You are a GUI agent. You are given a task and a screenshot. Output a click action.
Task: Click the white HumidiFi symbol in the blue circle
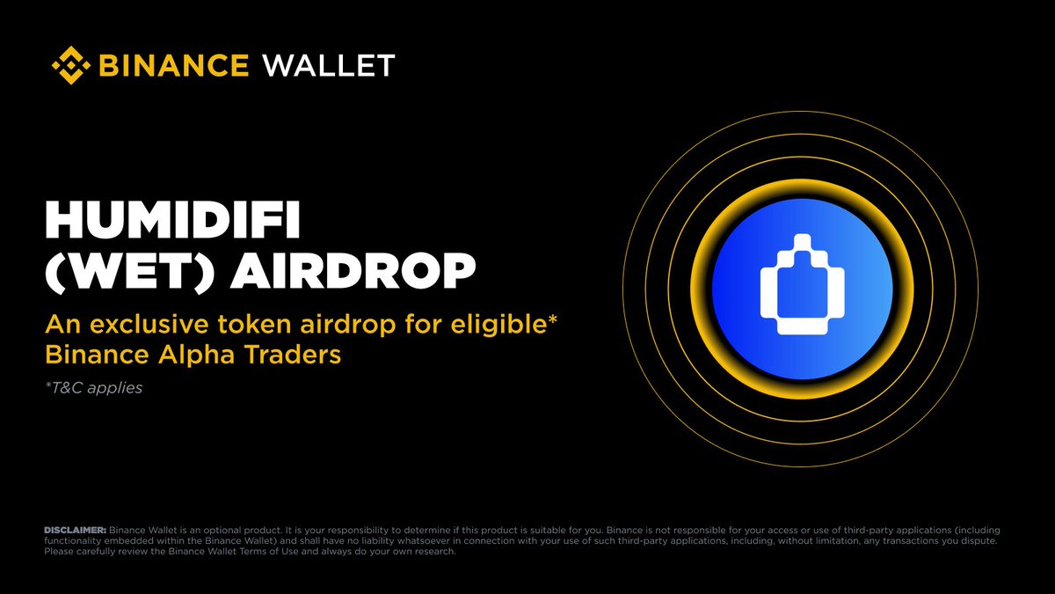pyautogui.click(x=802, y=286)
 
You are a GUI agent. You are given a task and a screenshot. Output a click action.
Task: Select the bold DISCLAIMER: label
pyautogui.click(x=75, y=530)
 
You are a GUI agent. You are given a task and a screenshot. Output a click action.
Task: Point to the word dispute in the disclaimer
pyautogui.click(x=974, y=540)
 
